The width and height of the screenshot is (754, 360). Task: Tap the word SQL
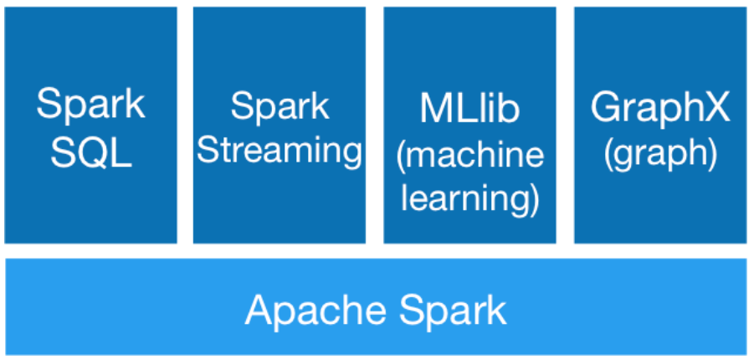point(91,153)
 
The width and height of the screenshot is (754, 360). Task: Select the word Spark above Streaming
point(280,107)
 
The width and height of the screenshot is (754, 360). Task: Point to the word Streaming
point(280,152)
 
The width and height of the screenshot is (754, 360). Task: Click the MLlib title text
point(469,108)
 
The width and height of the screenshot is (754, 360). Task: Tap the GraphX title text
point(660,109)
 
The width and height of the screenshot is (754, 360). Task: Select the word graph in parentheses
point(660,154)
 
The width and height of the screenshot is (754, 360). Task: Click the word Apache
point(315,311)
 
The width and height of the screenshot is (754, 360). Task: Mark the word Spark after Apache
point(453,311)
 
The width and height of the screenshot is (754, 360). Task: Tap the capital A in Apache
point(259,311)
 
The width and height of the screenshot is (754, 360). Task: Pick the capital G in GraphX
point(605,107)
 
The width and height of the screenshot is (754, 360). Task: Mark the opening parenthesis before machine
point(402,154)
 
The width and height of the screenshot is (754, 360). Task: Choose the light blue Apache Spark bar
point(376,307)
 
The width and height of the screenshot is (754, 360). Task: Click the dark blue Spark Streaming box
point(280,125)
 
